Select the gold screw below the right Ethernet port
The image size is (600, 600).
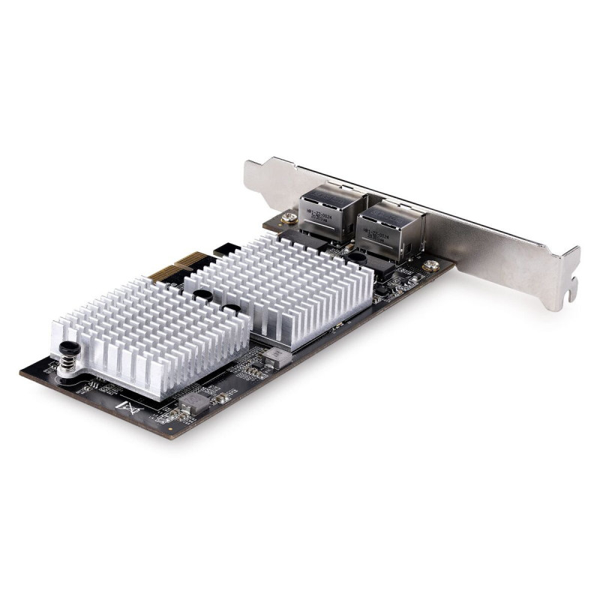coord(430,265)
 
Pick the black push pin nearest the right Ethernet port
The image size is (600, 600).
coord(359,256)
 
